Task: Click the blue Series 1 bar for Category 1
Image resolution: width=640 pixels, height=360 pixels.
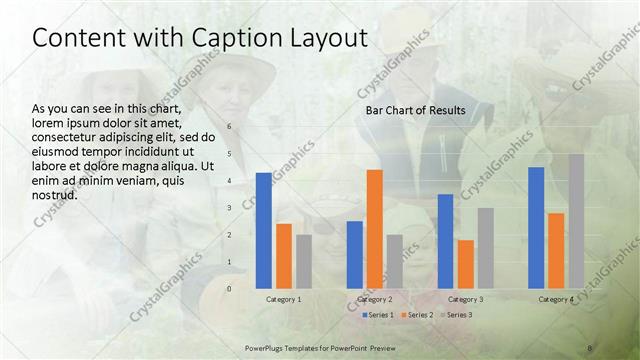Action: coord(263,230)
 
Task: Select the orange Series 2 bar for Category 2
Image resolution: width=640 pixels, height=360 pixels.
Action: coord(374,228)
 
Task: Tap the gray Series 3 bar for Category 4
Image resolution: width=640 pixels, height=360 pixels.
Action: coord(576,221)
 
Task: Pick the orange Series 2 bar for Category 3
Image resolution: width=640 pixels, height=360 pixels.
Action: coord(466,264)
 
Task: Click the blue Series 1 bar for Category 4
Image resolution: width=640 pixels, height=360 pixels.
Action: coord(536,227)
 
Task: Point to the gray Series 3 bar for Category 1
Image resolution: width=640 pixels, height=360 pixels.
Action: coord(304,261)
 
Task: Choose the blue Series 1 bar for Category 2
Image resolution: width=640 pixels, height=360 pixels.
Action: coord(355,254)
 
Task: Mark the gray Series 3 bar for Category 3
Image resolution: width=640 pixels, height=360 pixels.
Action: coord(486,248)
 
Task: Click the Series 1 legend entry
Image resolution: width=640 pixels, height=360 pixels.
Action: coord(378,316)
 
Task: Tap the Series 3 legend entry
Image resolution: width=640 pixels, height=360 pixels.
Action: coord(457,316)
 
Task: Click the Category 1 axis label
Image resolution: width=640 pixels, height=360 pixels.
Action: coord(284,299)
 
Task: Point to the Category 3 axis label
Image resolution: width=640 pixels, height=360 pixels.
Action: coord(466,299)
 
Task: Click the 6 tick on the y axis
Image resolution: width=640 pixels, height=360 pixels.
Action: coord(229,127)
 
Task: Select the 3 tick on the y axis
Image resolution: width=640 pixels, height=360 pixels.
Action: coord(229,208)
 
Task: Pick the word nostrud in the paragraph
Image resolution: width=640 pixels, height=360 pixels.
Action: coord(55,193)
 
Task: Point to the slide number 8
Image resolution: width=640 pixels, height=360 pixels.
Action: coord(590,347)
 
